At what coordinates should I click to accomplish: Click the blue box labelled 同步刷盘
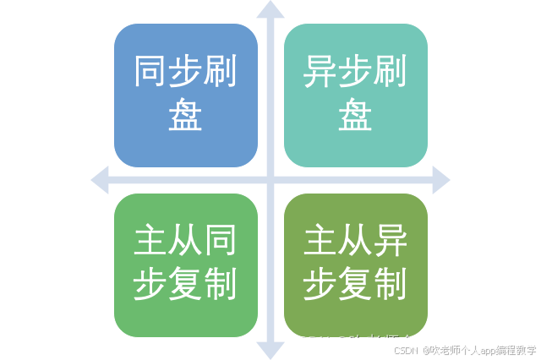185,95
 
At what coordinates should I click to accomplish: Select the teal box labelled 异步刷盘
355,95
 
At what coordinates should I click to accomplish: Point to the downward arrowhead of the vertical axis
270,350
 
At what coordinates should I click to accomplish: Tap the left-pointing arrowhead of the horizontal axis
100,178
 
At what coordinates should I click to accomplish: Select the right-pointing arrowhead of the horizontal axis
441,178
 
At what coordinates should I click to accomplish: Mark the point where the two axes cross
270,178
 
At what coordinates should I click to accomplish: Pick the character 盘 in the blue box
185,116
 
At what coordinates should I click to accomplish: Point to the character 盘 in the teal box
355,116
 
